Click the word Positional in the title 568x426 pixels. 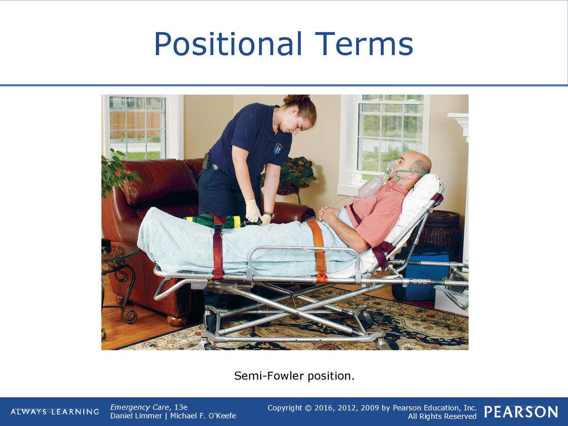point(228,44)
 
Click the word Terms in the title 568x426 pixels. point(364,43)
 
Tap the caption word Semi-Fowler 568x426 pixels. point(269,376)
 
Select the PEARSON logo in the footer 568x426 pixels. point(521,412)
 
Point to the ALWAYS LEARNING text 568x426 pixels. point(55,412)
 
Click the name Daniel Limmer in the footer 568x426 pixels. point(136,416)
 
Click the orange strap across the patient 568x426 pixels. point(318,250)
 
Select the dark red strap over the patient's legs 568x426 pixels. point(218,248)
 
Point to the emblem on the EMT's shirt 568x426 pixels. point(278,149)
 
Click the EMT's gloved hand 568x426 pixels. point(253,211)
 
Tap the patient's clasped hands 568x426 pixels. point(329,214)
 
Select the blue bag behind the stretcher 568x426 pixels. point(422,275)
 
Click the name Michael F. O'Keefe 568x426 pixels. point(203,416)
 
